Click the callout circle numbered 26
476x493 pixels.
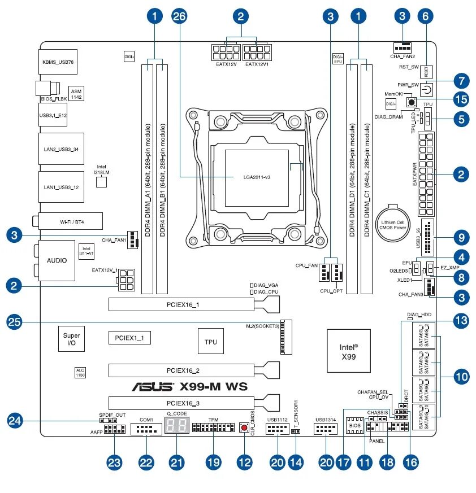pos(179,16)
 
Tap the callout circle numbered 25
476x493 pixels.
pos(15,322)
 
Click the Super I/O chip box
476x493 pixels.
pos(72,339)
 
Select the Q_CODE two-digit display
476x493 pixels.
pos(176,426)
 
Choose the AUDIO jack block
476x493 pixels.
pos(57,260)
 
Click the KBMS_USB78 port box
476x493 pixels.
pos(58,62)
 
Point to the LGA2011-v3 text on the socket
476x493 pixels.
pos(252,177)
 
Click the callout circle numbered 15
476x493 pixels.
pos(462,99)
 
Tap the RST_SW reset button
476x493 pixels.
pos(427,72)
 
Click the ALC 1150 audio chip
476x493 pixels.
pos(80,372)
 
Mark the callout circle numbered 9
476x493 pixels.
pos(462,237)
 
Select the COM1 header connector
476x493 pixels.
pos(146,429)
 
